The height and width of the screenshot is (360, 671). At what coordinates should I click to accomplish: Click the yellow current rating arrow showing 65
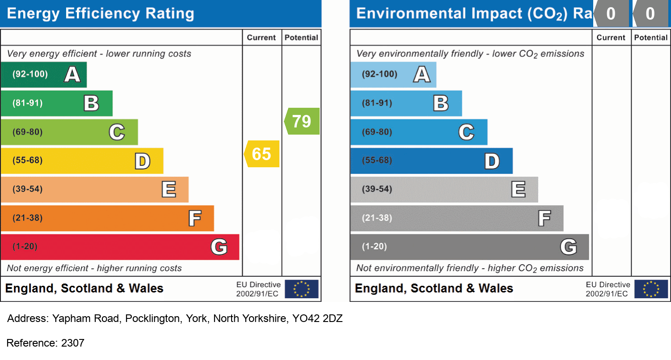262,154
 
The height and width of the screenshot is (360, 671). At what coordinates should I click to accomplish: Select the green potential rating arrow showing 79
302,121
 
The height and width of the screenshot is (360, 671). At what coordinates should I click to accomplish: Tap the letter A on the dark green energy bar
72,74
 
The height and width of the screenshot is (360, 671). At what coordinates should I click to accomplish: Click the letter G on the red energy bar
219,246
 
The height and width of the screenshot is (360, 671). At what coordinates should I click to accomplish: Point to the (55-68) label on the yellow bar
27,161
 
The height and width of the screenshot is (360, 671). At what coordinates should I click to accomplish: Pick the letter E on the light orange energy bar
169,190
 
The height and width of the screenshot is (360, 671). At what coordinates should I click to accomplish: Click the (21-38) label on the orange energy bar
27,218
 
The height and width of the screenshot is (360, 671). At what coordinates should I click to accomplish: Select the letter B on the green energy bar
92,103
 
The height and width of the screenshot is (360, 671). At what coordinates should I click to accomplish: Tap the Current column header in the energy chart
262,38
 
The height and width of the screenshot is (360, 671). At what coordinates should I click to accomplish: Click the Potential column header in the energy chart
301,38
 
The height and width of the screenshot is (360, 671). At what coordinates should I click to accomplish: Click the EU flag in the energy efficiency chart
302,289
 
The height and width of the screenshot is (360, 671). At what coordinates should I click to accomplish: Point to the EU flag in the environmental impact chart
651,289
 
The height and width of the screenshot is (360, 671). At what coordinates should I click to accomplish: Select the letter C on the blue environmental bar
466,132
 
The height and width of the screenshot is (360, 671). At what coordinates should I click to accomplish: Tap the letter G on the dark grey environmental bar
569,246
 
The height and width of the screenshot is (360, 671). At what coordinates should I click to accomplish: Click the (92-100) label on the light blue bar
380,74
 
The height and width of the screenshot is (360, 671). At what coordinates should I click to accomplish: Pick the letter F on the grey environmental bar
544,218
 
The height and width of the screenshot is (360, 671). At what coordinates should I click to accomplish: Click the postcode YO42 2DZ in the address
317,319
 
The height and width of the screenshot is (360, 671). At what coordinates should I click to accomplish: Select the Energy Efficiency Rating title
101,13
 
